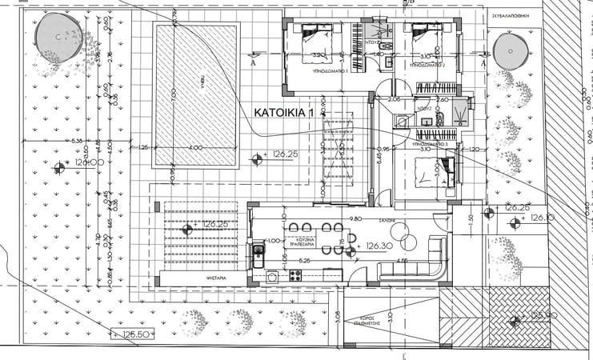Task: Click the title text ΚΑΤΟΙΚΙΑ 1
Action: pyautogui.click(x=282, y=114)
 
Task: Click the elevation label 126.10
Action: pyautogui.click(x=543, y=218)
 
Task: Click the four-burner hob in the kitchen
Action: pyautogui.click(x=294, y=276)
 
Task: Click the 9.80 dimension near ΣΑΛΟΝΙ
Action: pyautogui.click(x=357, y=218)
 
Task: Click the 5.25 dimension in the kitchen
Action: pyautogui.click(x=305, y=261)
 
